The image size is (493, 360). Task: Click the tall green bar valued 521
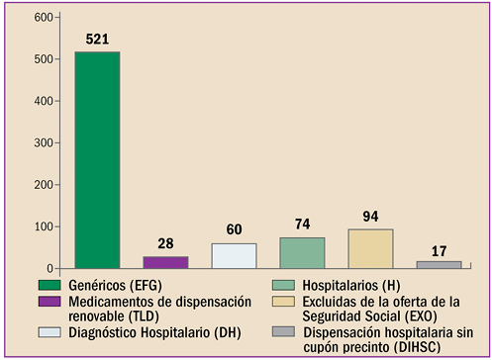97,160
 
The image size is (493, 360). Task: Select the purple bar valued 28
165,262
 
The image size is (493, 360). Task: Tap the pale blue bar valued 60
234,256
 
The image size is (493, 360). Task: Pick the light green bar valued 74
302,253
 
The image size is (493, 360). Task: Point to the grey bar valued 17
439,264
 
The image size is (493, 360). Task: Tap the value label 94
370,217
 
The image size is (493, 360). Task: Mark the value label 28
165,244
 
